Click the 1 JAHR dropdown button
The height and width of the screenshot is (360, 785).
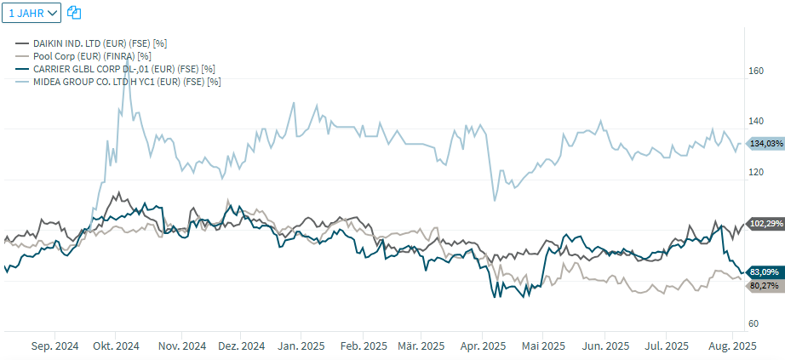tap(33, 13)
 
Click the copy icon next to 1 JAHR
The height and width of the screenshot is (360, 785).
tap(74, 13)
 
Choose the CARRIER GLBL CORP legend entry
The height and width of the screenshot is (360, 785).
tap(123, 68)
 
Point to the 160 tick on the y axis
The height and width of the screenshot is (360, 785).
tap(755, 71)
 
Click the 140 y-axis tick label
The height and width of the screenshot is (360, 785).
tap(755, 122)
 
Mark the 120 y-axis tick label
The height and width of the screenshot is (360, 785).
tap(755, 173)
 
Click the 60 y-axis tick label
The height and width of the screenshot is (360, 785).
tap(753, 324)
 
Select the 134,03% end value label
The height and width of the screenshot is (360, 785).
tap(765, 144)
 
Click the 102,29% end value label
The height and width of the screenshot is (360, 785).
tap(765, 224)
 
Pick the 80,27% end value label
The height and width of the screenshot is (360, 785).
tap(765, 286)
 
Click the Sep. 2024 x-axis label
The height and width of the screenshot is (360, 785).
tap(54, 346)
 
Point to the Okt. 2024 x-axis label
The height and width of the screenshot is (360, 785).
tap(116, 346)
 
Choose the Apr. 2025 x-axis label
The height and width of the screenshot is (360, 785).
tap(483, 346)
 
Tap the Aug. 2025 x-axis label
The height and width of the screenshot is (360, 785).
tap(733, 346)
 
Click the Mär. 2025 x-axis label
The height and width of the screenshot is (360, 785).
tap(421, 346)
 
